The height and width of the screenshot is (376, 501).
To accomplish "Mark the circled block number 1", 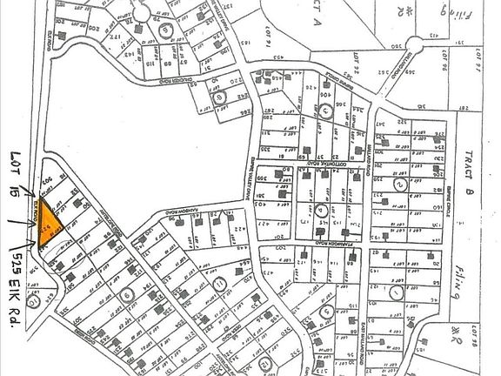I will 397,294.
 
